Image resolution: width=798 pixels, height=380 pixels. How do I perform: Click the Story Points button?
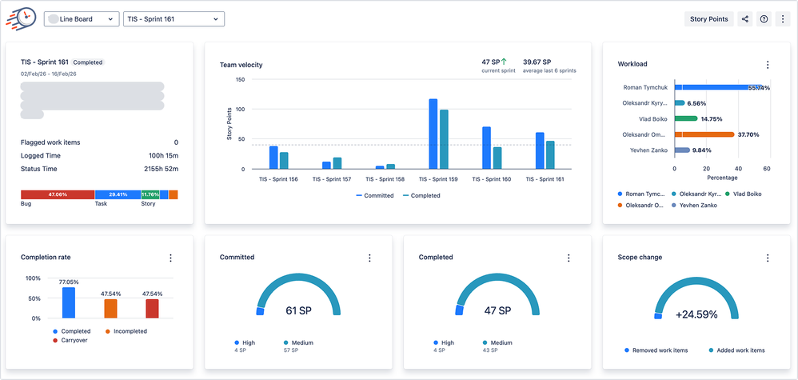(x=710, y=19)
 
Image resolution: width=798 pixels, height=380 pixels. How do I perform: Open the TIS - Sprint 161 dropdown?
(x=174, y=19)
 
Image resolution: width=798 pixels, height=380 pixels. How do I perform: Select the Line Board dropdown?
(x=82, y=19)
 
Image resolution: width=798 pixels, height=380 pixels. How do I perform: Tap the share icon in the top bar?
(x=745, y=19)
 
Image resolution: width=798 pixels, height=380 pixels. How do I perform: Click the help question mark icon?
(x=764, y=19)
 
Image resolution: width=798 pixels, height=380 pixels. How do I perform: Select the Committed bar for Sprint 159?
(x=433, y=134)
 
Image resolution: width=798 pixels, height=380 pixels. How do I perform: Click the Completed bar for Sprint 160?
(x=497, y=158)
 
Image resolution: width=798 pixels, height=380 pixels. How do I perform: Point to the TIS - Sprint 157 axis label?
(x=330, y=179)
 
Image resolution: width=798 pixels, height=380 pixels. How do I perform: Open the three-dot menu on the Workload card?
(x=768, y=65)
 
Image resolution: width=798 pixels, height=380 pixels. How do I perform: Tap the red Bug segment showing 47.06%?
(x=58, y=194)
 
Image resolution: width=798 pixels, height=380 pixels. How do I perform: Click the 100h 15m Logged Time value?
(x=162, y=156)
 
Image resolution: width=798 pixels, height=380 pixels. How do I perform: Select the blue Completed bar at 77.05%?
(x=69, y=302)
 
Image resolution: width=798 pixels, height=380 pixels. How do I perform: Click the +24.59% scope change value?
(x=696, y=314)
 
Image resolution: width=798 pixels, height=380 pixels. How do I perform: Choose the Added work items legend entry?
(x=736, y=350)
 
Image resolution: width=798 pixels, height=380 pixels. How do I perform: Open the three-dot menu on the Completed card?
(x=569, y=258)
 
